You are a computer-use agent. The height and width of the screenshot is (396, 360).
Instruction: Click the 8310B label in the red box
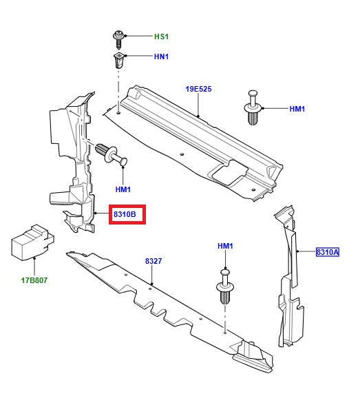coord(129,216)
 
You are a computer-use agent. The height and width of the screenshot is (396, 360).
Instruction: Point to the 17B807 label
coord(34,280)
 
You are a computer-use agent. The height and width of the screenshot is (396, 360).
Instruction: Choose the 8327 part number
coord(153,262)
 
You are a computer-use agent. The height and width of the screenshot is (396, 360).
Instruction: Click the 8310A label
coord(328,253)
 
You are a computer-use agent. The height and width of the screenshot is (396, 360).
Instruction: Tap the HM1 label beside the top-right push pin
coord(297,109)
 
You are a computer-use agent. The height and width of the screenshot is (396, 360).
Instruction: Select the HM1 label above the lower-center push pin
coord(226,246)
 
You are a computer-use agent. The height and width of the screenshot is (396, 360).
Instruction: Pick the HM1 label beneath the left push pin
coord(123,189)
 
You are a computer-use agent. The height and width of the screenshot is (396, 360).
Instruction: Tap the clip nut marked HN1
coord(118,61)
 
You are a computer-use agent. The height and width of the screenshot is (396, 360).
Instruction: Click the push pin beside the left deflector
coord(114,154)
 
